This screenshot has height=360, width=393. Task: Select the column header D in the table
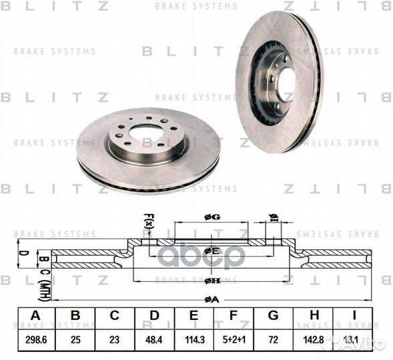[x=154, y=316]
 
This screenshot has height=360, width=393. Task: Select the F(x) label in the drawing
[x=148, y=219]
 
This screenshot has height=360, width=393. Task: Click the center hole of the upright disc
[x=286, y=84]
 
